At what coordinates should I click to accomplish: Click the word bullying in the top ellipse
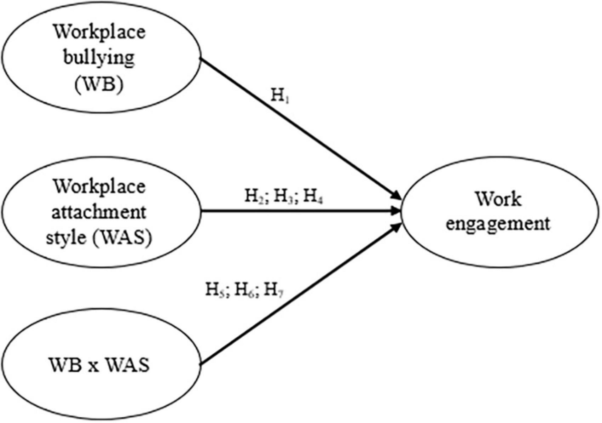coord(102,58)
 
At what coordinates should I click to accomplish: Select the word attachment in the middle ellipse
coord(102,211)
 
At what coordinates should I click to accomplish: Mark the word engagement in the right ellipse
coord(503,223)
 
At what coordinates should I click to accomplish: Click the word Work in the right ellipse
coord(503,199)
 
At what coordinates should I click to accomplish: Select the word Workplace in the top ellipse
coord(102,34)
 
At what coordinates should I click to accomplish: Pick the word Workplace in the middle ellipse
coord(102,188)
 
